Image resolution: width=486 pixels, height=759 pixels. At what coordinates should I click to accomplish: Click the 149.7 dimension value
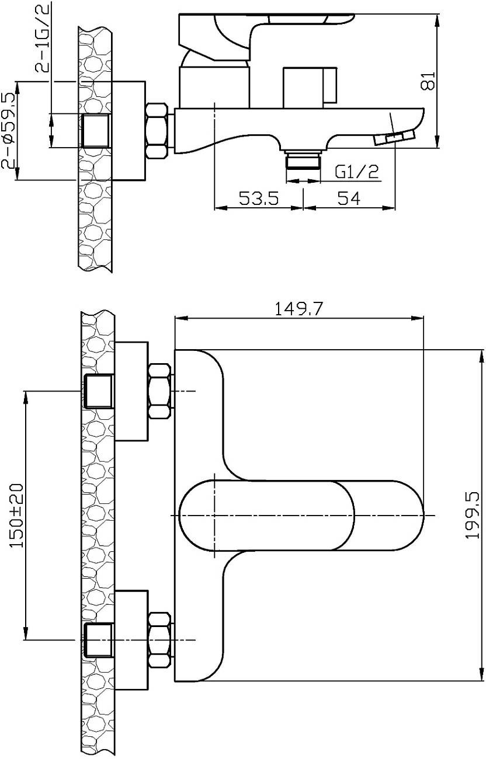point(299,309)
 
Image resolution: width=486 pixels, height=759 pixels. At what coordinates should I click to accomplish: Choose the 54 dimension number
point(349,199)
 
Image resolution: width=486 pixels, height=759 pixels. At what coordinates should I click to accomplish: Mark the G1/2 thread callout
point(357,172)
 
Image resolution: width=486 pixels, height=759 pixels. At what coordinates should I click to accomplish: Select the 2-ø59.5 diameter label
point(9,131)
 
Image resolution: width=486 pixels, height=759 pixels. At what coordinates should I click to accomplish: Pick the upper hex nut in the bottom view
point(159,391)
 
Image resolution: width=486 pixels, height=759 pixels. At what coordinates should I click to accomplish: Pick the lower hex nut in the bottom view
point(159,639)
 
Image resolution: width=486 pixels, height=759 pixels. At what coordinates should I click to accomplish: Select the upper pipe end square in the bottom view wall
point(98,391)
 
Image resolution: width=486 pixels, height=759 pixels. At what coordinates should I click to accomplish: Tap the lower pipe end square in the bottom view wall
point(98,639)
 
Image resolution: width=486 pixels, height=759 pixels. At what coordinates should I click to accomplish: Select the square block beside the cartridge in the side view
point(304,88)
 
